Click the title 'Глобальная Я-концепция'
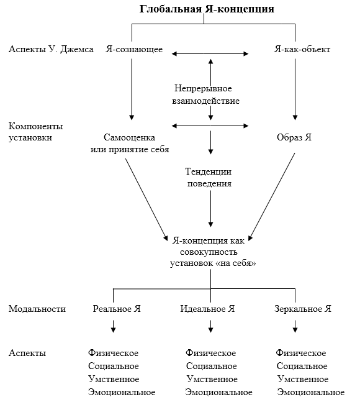tap(207, 9)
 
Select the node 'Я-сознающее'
tap(134, 49)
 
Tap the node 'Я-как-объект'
tap(302, 49)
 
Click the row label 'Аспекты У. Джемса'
tap(51, 49)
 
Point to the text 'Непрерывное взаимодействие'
tap(205, 94)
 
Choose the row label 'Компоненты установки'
tap(36, 132)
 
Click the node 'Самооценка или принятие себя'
tap(130, 143)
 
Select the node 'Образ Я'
tap(294, 137)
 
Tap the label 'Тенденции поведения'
tap(209, 177)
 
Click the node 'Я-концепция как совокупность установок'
tap(212, 252)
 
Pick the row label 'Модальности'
tap(37, 309)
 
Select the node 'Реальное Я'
tap(117, 309)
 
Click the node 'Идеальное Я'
tap(207, 309)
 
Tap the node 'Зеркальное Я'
tap(303, 309)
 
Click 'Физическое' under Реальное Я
tap(113, 353)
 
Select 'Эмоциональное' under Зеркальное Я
tap(311, 392)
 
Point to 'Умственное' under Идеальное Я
tap(212, 379)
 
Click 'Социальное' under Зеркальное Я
tap(302, 366)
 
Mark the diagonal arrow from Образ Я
tap(272, 197)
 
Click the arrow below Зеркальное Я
tap(295, 326)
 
